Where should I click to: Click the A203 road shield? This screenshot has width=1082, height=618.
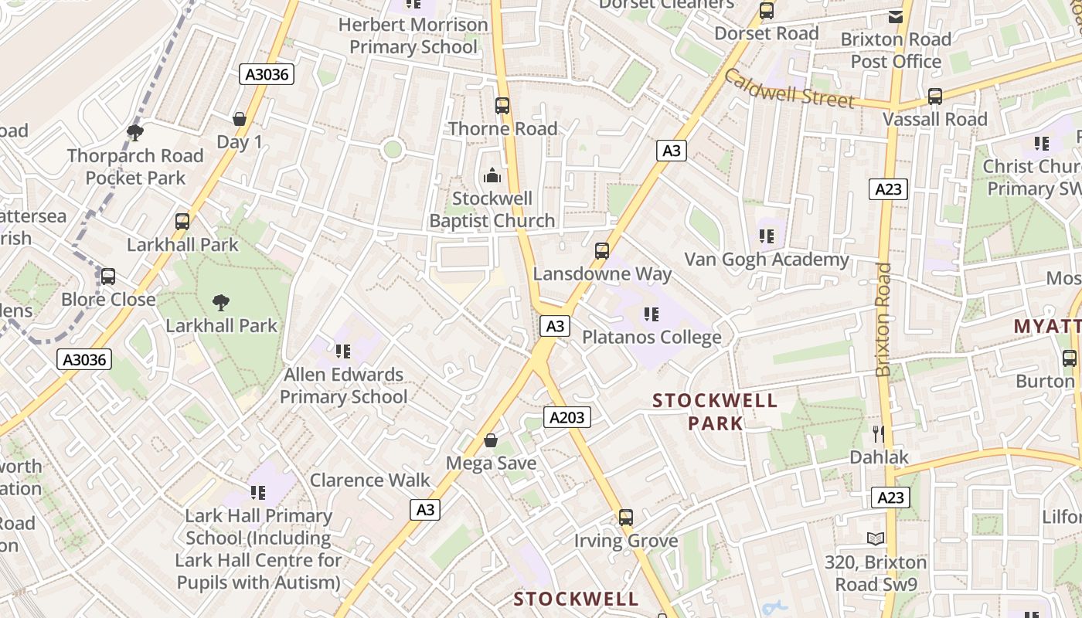(x=567, y=418)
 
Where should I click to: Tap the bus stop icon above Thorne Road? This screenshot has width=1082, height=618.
(x=502, y=105)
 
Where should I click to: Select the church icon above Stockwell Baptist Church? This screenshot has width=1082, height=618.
(x=492, y=176)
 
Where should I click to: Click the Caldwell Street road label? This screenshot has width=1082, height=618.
(x=790, y=88)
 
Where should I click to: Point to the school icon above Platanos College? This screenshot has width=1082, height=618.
(x=652, y=314)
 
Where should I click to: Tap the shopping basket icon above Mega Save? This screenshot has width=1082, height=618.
(x=490, y=440)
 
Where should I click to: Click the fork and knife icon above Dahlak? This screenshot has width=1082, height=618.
(x=878, y=433)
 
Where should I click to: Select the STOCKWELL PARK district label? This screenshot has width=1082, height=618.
(x=715, y=412)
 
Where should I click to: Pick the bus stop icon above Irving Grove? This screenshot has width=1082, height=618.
(x=626, y=518)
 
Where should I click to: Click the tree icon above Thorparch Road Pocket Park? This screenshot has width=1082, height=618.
(x=135, y=133)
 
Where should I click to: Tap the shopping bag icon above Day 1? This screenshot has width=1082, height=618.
(x=240, y=119)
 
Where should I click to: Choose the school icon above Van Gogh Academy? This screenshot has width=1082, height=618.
(x=766, y=236)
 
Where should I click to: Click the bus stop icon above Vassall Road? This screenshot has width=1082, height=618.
(x=935, y=97)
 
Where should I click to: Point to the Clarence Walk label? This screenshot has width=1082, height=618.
(x=369, y=480)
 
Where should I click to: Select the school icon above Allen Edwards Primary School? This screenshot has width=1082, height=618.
(x=343, y=352)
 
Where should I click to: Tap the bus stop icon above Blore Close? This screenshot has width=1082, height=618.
(x=108, y=277)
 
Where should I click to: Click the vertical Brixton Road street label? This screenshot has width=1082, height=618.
(x=883, y=320)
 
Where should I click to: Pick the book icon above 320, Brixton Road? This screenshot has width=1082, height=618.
(x=876, y=538)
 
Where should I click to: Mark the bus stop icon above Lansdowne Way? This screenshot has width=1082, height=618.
(x=602, y=251)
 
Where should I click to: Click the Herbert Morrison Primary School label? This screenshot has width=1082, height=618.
(x=413, y=36)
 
